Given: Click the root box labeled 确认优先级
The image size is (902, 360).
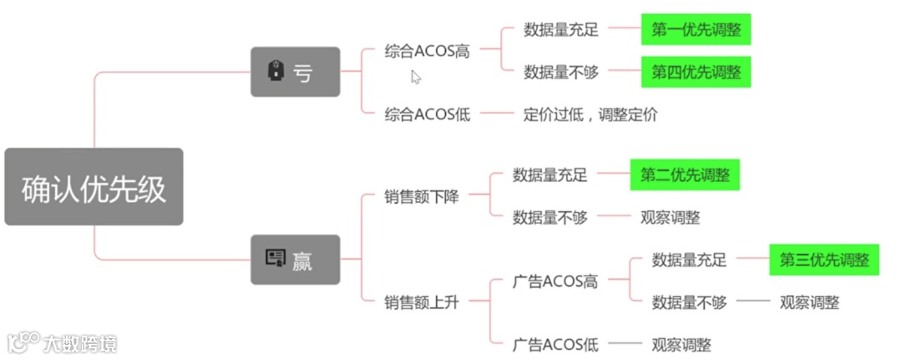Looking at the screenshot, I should pos(94,187).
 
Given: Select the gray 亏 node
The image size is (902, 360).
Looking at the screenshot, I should pos(296,72).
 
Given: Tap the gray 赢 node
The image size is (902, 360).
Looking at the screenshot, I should pos(296,260).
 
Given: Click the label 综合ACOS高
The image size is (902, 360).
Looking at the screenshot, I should pos(428,51).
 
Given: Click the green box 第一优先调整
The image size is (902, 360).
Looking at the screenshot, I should pos(696,30).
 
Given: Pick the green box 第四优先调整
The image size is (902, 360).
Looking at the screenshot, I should pos(696,72).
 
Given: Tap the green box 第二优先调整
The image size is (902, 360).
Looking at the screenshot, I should pos(685,175).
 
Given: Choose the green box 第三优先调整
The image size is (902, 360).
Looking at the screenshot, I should pos(824,259).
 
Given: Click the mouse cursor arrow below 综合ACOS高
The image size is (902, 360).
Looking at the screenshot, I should pos(416,77).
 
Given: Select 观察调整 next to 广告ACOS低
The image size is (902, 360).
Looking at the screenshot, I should pos(682,344).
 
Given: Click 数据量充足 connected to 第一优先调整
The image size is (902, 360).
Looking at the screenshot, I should pos(561,30).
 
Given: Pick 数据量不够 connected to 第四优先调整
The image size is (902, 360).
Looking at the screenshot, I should pos(561,72).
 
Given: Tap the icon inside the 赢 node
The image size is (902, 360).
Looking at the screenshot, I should pos(275,259).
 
